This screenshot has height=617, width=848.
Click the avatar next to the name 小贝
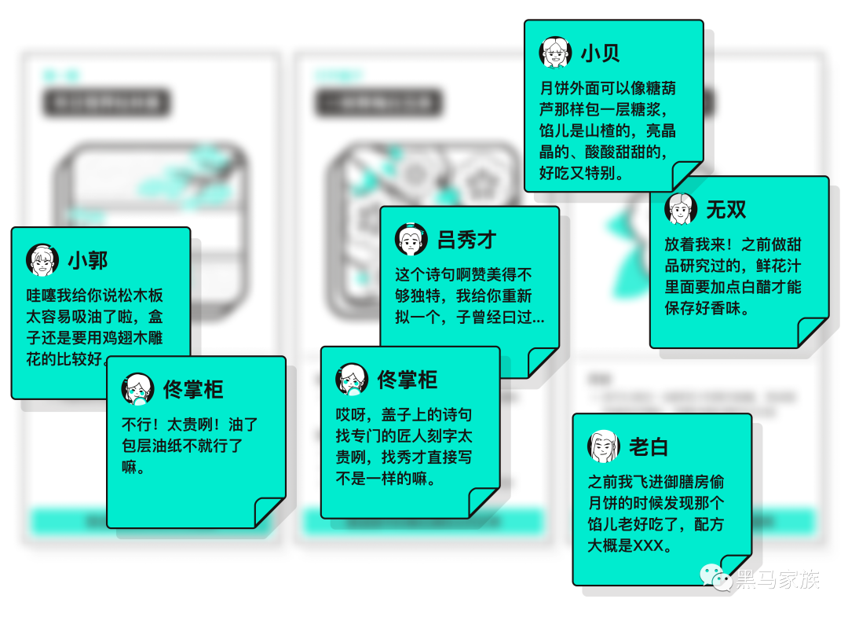pyautogui.click(x=555, y=52)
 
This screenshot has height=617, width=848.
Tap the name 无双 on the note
pyautogui.click(x=726, y=209)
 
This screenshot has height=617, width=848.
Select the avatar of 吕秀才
pyautogui.click(x=411, y=239)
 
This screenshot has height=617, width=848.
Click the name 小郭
pyautogui.click(x=87, y=260)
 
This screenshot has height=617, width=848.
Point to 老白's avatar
pyautogui.click(x=604, y=446)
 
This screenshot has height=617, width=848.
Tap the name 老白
pyautogui.click(x=649, y=447)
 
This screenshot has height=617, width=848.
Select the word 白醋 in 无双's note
pyautogui.click(x=747, y=287)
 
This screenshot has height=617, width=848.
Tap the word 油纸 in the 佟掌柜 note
pyautogui.click(x=177, y=446)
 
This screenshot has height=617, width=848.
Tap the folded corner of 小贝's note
pyautogui.click(x=687, y=176)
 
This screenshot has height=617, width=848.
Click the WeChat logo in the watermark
pyautogui.click(x=716, y=578)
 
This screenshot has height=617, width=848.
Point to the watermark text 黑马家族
pyautogui.click(x=777, y=580)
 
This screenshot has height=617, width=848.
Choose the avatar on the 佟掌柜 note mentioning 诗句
pyautogui.click(x=352, y=380)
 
